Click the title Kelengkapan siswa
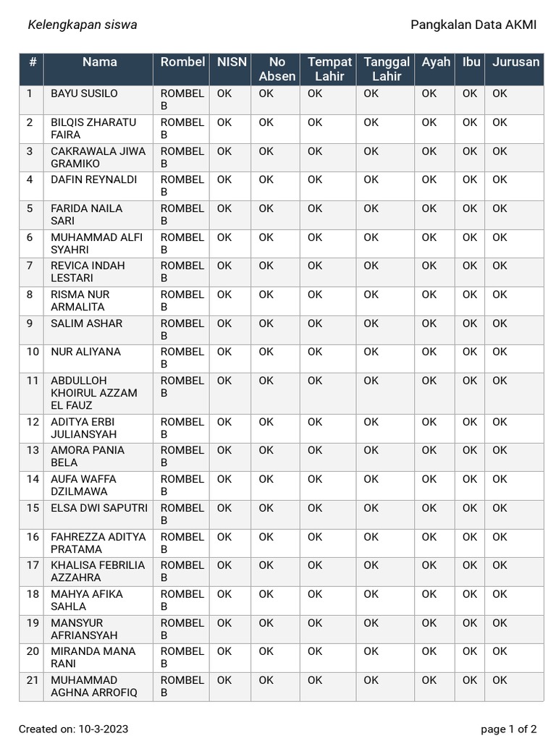coord(82,25)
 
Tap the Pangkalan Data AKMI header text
coord(473,25)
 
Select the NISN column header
coord(232,62)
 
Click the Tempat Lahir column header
coord(329,69)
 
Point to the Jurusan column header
coord(515,62)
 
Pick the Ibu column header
coord(471,62)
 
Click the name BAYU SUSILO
coord(84,93)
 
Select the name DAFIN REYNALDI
coord(93,179)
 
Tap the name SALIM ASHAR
coord(86,323)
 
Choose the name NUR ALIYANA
coord(85,352)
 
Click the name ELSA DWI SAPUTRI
coord(98,508)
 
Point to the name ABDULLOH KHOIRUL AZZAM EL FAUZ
coord(93,393)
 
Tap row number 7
coord(30,266)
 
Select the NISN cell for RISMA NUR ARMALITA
coord(224,295)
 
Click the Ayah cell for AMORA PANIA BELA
coord(429,450)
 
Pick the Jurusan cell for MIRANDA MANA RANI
coord(500,651)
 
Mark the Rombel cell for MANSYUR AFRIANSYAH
coord(182,629)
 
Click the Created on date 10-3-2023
coord(74,729)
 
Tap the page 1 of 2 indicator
coord(508,729)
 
